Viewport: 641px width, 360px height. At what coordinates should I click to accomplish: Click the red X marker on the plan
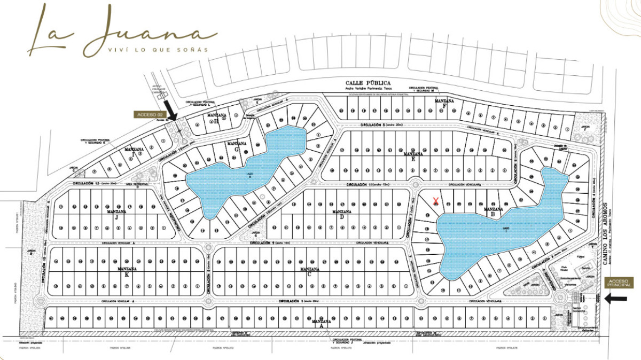point(436,201)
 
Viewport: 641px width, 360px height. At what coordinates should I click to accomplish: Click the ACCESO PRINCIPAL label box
point(619,283)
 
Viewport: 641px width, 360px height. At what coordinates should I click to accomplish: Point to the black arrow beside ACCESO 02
point(171,111)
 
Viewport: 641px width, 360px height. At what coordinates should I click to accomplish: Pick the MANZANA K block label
point(127,270)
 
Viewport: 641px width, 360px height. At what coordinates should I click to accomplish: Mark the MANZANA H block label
point(215,117)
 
